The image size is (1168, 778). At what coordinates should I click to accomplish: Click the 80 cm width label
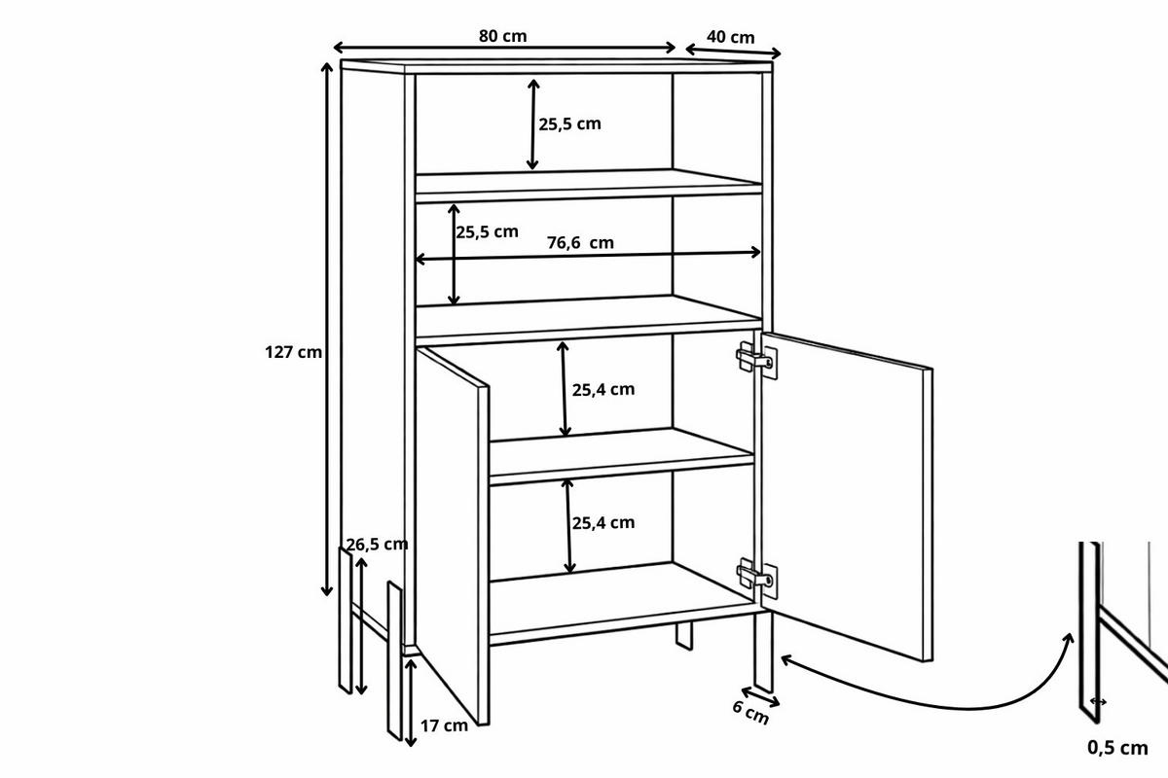pos(502,36)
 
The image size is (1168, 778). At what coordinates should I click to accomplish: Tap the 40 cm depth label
pos(731,38)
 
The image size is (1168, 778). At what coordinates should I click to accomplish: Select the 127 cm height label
pos(293,352)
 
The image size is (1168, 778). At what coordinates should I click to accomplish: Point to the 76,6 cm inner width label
pos(580,243)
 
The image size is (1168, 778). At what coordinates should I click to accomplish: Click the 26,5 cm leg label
pos(377,545)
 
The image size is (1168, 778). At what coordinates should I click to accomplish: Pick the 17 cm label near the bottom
pos(444,725)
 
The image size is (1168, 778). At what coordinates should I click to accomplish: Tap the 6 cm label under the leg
pos(750,713)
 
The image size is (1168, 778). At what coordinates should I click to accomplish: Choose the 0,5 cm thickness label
pos(1117,748)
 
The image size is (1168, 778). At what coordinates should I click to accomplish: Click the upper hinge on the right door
pos(756,359)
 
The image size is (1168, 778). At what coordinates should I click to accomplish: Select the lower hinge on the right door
pos(756,576)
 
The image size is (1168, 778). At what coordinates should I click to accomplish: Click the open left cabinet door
pos(453,536)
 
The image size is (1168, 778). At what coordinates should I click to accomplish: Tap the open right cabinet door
pos(846,497)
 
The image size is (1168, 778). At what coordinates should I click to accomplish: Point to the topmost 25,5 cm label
pos(569,124)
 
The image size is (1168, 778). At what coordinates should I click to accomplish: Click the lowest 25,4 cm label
pos(603,522)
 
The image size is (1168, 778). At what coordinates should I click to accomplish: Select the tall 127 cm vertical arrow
pos(327,330)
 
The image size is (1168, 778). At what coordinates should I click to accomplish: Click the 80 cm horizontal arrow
pos(504,49)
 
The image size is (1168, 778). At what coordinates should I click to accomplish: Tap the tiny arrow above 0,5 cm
pos(1098,702)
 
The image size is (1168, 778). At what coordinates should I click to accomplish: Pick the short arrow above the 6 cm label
pos(760,697)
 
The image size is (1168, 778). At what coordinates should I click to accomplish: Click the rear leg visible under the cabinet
pos(684,636)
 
